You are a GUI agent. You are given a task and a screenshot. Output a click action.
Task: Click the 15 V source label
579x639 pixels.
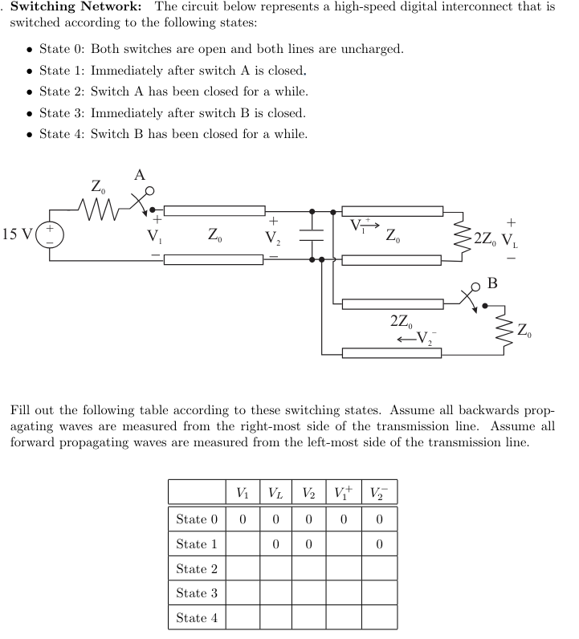tap(18, 235)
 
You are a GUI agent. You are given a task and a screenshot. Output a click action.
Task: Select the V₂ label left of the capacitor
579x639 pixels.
tap(274, 237)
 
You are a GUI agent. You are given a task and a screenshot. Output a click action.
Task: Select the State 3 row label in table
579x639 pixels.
tap(196, 593)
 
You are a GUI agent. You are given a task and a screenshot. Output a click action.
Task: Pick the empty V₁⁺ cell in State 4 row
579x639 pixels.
tap(344, 618)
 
